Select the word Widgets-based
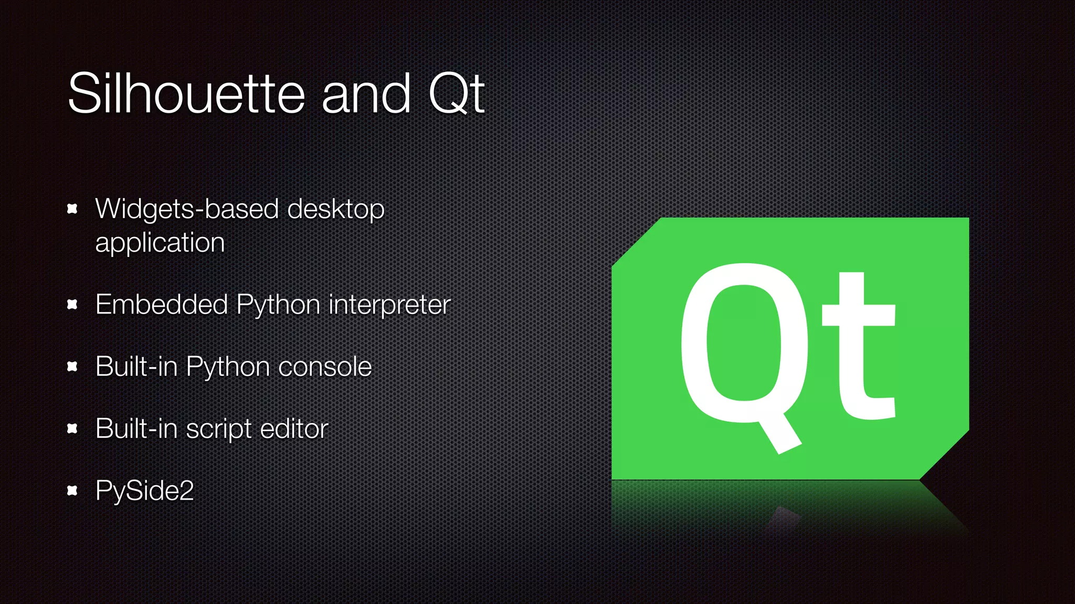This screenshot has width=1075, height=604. pyautogui.click(x=187, y=209)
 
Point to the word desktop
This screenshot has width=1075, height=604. pyautogui.click(x=336, y=210)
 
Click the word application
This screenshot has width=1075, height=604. pyautogui.click(x=160, y=243)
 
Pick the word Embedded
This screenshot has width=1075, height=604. pyautogui.click(x=162, y=304)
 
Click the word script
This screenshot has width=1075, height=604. pyautogui.click(x=219, y=429)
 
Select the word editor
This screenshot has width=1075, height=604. pyautogui.click(x=294, y=428)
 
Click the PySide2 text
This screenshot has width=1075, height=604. pyautogui.click(x=145, y=491)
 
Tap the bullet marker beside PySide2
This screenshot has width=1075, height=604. pyautogui.click(x=72, y=491)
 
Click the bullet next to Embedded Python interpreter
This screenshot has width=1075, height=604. pyautogui.click(x=72, y=304)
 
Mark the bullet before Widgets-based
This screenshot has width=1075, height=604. pyautogui.click(x=72, y=209)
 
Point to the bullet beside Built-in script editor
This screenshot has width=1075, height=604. pyautogui.click(x=72, y=428)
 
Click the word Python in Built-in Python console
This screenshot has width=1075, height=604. pyautogui.click(x=227, y=367)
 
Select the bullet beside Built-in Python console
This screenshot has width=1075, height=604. pyautogui.click(x=72, y=366)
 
